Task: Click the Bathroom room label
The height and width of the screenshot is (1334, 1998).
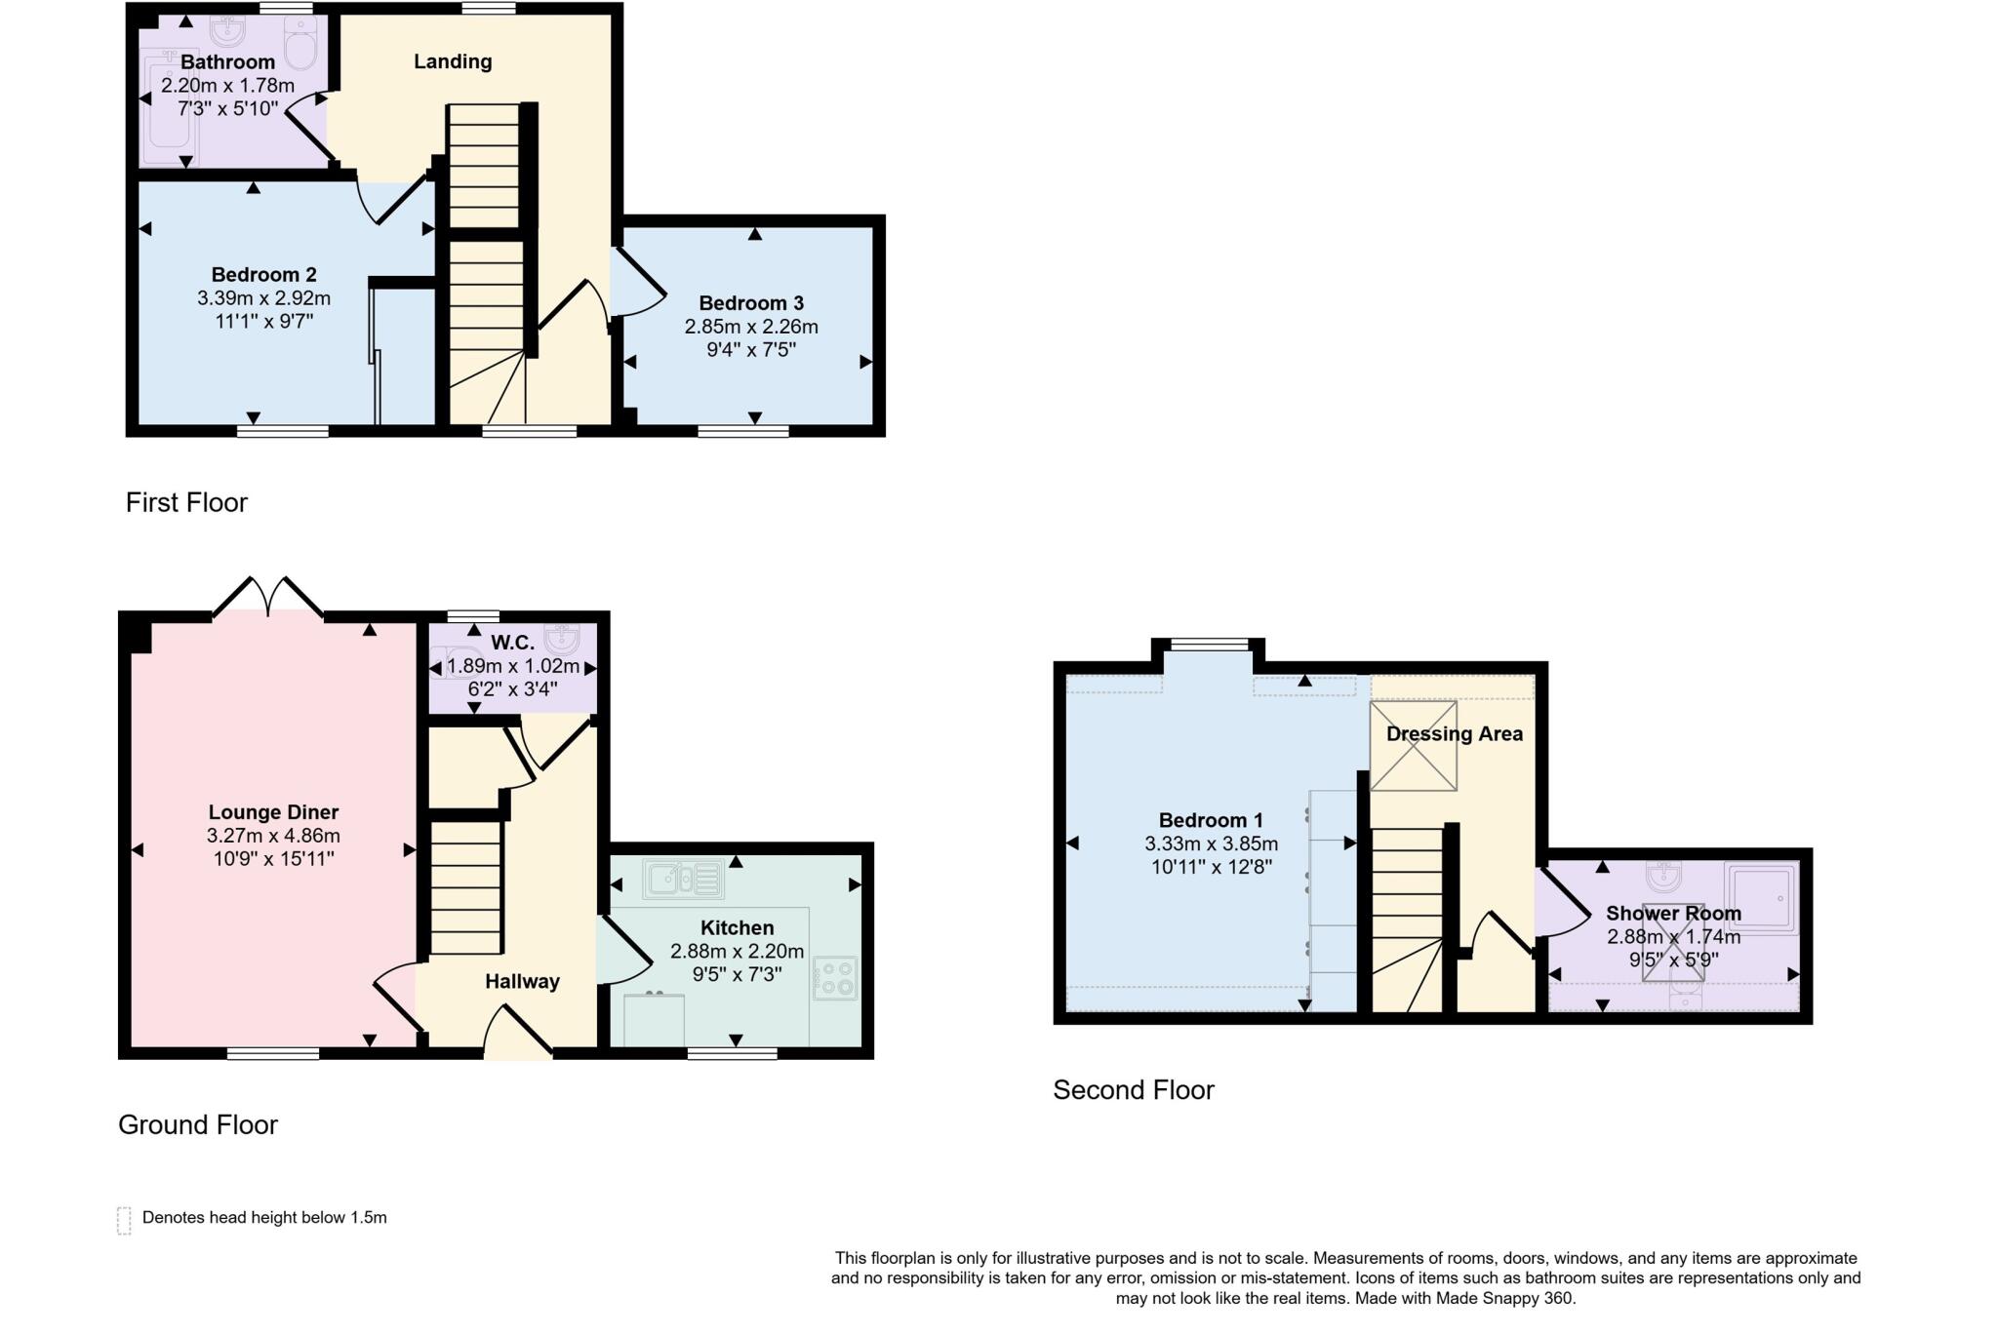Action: pyautogui.click(x=227, y=62)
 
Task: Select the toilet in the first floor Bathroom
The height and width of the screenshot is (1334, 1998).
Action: pyautogui.click(x=300, y=44)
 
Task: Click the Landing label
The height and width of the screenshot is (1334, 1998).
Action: pyautogui.click(x=453, y=61)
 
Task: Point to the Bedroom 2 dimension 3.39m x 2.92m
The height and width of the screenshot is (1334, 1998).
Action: pyautogui.click(x=263, y=297)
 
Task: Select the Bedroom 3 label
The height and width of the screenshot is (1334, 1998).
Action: pyautogui.click(x=751, y=303)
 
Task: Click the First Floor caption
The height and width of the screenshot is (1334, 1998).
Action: pyautogui.click(x=186, y=502)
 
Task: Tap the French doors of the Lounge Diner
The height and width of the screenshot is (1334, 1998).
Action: pyautogui.click(x=268, y=598)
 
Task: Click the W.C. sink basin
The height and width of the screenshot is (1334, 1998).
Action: pyautogui.click(x=563, y=639)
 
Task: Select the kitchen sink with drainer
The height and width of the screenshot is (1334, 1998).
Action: pyautogui.click(x=683, y=879)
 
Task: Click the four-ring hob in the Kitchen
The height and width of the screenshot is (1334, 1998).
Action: pyautogui.click(x=835, y=978)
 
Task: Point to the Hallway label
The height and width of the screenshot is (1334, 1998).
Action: pyautogui.click(x=522, y=982)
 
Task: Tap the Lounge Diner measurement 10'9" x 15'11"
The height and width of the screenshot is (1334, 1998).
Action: pyautogui.click(x=273, y=859)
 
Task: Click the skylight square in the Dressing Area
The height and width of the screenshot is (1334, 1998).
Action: pyautogui.click(x=1414, y=746)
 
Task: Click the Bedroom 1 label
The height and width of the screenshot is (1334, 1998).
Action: pyautogui.click(x=1211, y=820)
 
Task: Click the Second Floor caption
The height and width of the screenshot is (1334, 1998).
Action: pyautogui.click(x=1133, y=1089)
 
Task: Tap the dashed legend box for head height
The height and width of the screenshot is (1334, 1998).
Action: pyautogui.click(x=124, y=1220)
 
